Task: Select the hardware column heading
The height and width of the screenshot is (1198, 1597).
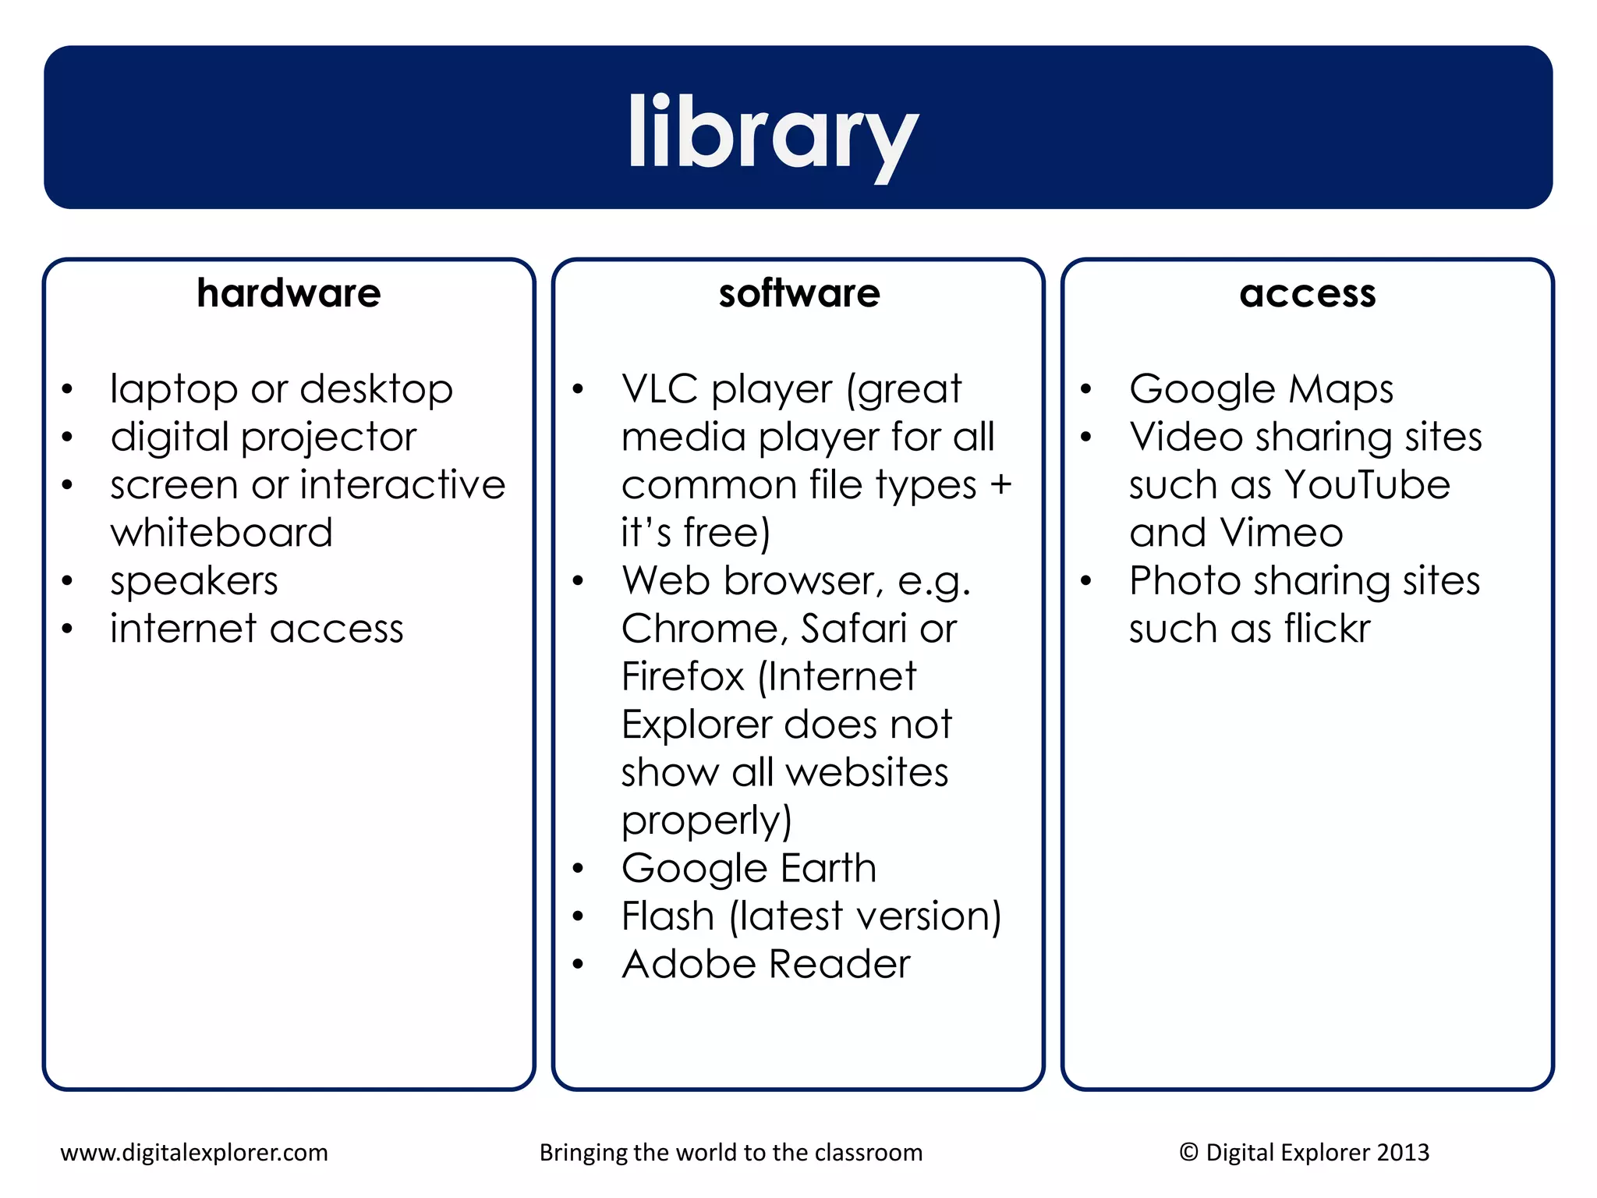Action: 289,293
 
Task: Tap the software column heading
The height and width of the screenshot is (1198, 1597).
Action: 799,293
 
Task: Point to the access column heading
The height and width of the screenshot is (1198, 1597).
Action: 1308,293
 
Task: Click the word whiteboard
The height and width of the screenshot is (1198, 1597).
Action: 221,533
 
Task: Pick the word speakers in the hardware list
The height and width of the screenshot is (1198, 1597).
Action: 194,581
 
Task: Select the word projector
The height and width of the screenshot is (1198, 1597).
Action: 329,438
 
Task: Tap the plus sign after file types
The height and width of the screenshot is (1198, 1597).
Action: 1000,485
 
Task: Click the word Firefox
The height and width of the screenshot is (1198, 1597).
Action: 683,676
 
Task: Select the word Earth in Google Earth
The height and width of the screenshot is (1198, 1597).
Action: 828,868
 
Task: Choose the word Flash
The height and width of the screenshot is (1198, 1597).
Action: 667,916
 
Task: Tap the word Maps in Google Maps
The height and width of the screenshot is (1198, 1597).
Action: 1340,389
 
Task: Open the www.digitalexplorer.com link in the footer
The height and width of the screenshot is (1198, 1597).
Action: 194,1152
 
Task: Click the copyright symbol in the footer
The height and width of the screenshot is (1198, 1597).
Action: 1188,1152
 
